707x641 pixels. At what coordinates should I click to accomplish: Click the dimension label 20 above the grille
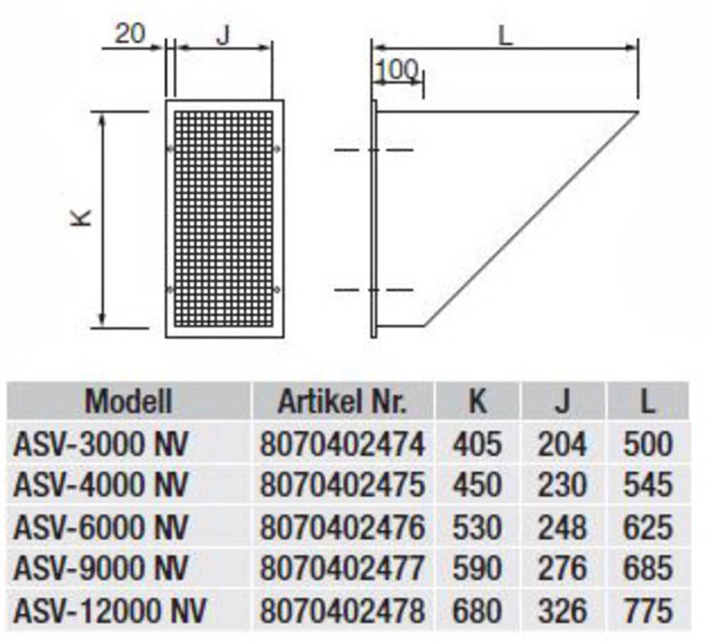[130, 33]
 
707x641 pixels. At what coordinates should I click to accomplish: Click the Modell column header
[128, 401]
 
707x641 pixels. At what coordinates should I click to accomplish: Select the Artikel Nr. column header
[342, 401]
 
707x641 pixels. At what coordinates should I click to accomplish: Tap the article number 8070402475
[343, 486]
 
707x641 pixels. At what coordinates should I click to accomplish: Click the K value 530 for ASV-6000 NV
[477, 527]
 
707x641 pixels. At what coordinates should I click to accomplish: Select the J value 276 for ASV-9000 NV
[562, 569]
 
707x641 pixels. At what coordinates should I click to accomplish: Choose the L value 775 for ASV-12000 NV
[648, 611]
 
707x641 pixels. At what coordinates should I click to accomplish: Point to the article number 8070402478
[343, 611]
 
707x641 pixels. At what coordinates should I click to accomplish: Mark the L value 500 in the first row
[648, 445]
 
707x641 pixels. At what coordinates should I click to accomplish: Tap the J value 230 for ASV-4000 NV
[562, 486]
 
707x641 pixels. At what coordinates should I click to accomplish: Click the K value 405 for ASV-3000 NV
[477, 445]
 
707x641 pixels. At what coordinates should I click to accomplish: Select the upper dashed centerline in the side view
[373, 151]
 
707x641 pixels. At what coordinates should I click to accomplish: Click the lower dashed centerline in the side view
[373, 290]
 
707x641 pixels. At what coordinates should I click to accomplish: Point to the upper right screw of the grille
[277, 148]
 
